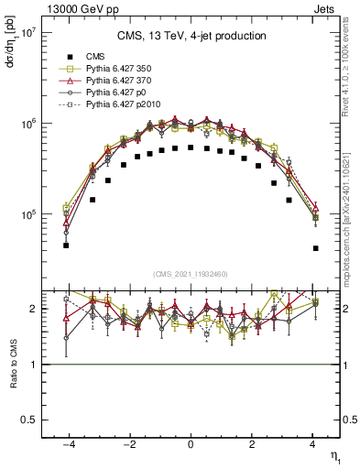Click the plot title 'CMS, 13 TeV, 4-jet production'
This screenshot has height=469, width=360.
pos(191,37)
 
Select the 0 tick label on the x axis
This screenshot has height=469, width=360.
pos(191,444)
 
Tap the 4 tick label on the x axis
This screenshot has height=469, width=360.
pos(312,444)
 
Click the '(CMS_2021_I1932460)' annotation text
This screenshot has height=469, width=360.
pos(191,274)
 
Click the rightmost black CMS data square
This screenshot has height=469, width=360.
pos(315,248)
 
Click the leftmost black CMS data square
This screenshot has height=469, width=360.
pos(66,245)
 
